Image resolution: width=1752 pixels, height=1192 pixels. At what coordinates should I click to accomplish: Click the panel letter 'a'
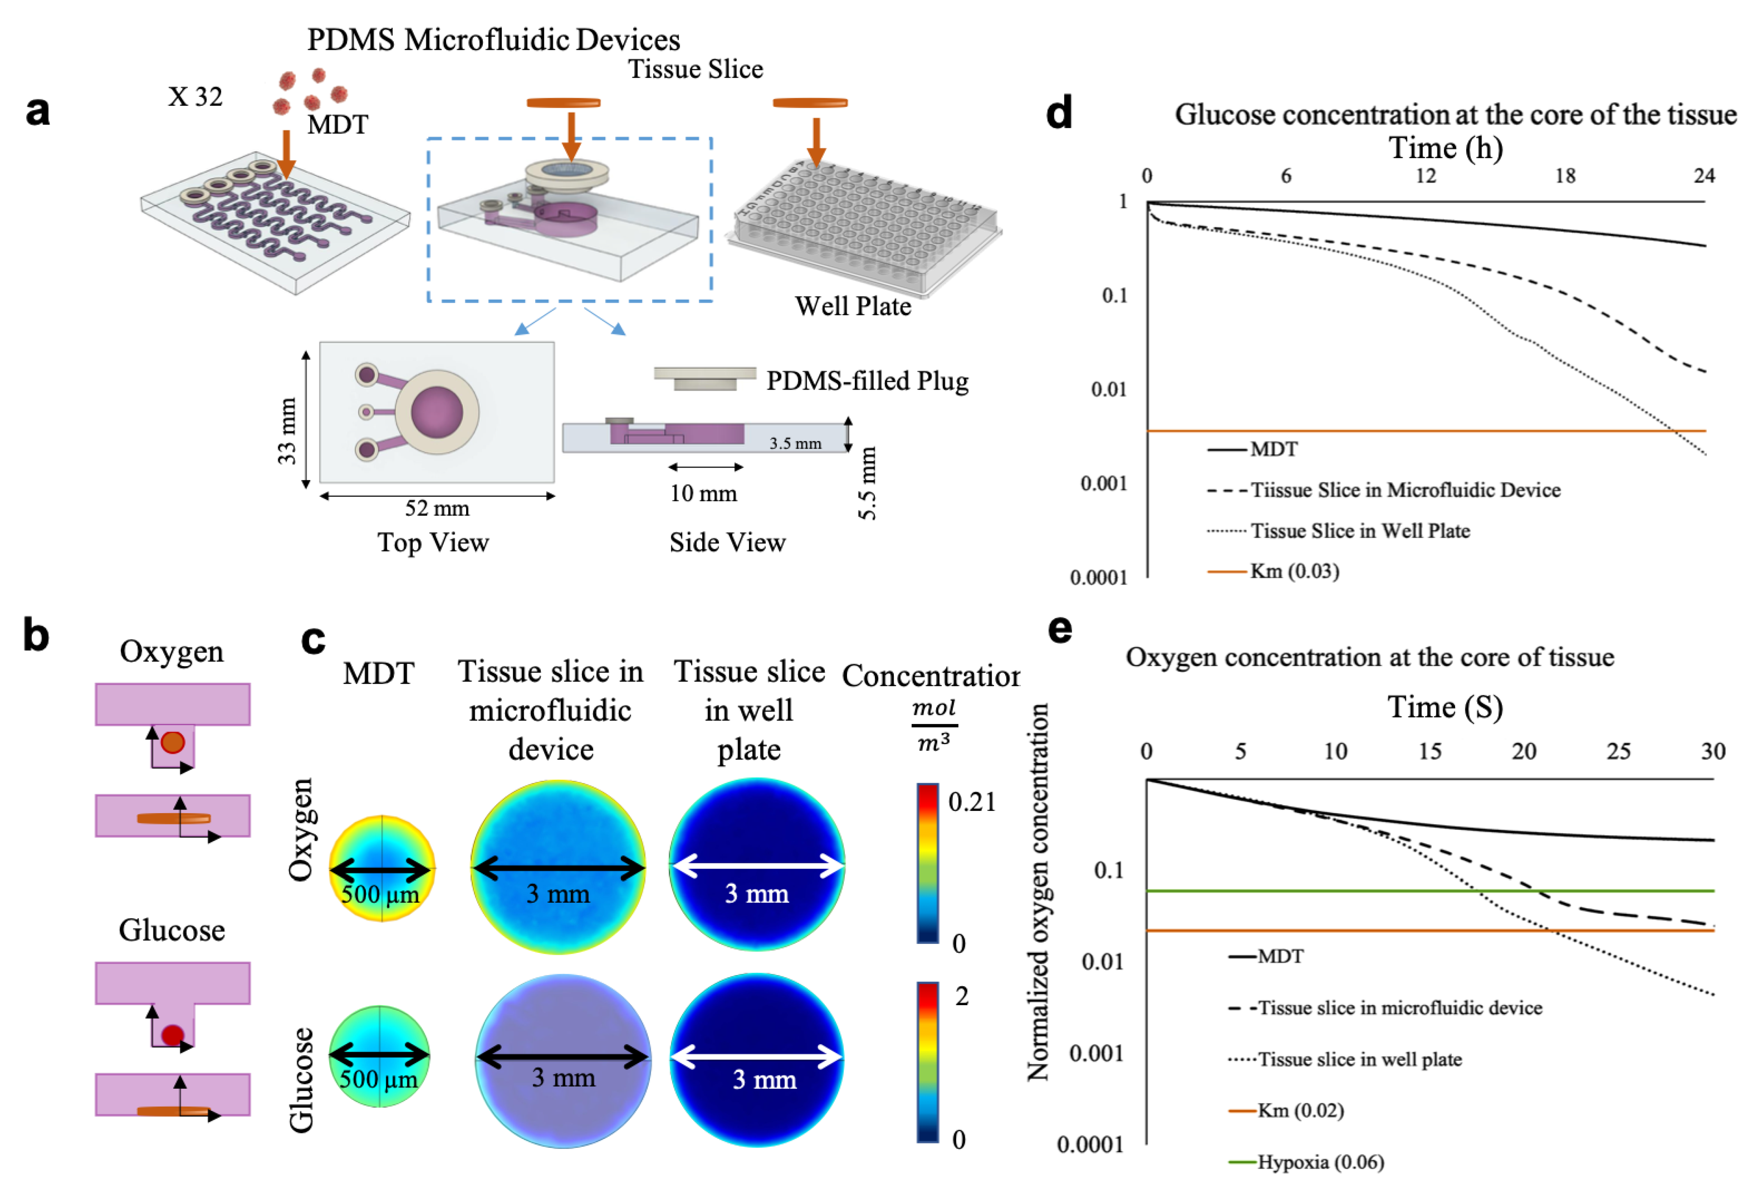tap(38, 111)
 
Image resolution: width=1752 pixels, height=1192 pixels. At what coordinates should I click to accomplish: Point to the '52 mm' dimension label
tap(437, 508)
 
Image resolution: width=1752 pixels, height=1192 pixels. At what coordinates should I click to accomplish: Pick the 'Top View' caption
tap(434, 542)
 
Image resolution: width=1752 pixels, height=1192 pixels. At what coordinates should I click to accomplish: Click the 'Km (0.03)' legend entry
tap(1294, 571)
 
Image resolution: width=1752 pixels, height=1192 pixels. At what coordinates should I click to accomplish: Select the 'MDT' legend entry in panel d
tap(1274, 449)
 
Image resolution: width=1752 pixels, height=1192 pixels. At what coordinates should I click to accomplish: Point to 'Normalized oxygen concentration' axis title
tap(1038, 892)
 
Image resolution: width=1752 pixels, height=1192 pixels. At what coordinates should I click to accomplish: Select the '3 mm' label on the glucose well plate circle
tap(764, 1080)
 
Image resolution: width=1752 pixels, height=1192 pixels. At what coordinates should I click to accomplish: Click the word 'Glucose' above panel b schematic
tap(172, 931)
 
